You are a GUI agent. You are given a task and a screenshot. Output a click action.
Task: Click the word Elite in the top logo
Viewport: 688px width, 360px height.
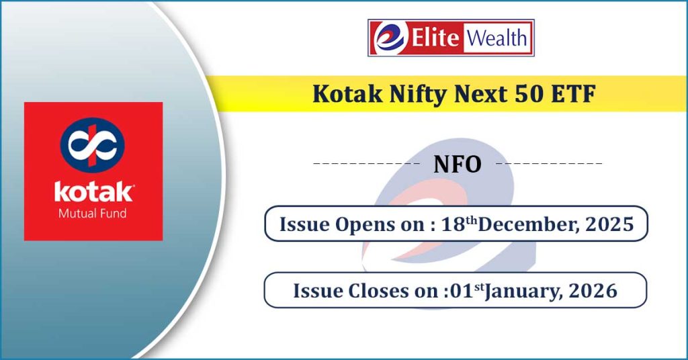pos(435,38)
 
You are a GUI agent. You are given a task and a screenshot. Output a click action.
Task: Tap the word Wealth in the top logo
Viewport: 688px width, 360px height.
pos(497,38)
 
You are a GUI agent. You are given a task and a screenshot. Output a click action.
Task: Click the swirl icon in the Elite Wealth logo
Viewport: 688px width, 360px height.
pos(389,38)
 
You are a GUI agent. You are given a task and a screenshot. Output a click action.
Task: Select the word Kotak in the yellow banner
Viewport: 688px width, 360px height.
pos(347,94)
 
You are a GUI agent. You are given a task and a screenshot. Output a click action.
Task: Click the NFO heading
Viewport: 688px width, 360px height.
pos(457,165)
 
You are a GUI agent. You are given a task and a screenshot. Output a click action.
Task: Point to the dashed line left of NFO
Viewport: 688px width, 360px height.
pos(367,164)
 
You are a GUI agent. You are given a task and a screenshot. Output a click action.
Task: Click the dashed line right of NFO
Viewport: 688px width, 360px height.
pos(549,164)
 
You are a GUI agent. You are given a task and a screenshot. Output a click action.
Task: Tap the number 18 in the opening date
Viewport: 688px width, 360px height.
pos(454,224)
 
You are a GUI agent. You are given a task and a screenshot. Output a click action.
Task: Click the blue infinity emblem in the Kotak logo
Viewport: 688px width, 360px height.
pos(93,144)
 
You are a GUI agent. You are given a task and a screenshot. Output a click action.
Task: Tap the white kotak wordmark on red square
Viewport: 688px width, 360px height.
pos(93,191)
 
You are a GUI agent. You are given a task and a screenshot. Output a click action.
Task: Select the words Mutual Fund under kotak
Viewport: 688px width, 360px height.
pos(93,214)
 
